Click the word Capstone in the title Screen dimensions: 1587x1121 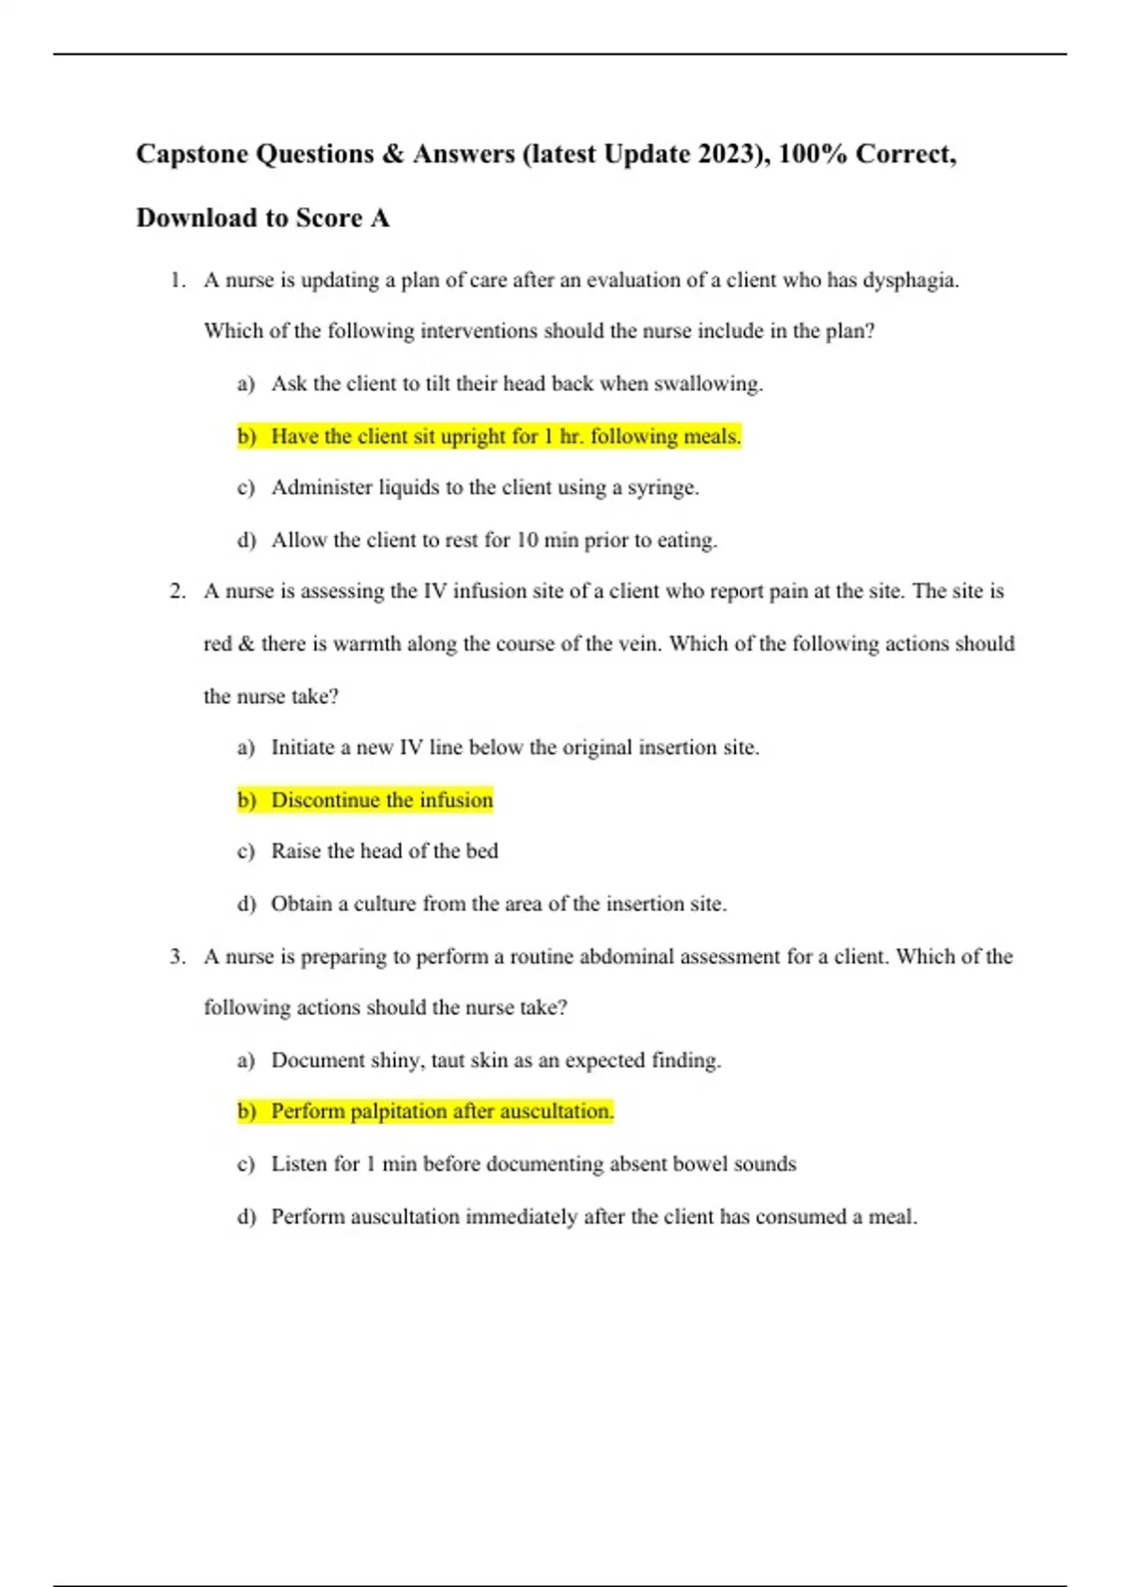[192, 154]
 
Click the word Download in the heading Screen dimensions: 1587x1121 [196, 218]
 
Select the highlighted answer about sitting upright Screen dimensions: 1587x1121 [505, 437]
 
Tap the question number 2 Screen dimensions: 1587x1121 [177, 592]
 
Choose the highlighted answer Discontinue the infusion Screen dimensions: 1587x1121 [381, 801]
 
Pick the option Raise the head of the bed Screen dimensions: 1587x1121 [384, 851]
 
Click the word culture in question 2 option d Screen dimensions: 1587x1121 [384, 905]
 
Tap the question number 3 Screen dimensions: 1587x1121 [177, 957]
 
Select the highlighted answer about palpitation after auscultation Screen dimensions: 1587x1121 [442, 1112]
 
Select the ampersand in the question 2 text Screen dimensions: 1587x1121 [247, 644]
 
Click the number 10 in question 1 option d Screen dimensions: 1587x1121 [527, 541]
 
